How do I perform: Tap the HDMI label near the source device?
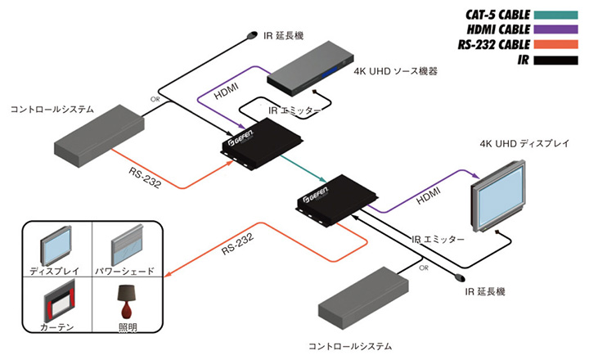[x=228, y=94]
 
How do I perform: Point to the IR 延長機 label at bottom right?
[x=488, y=291]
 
